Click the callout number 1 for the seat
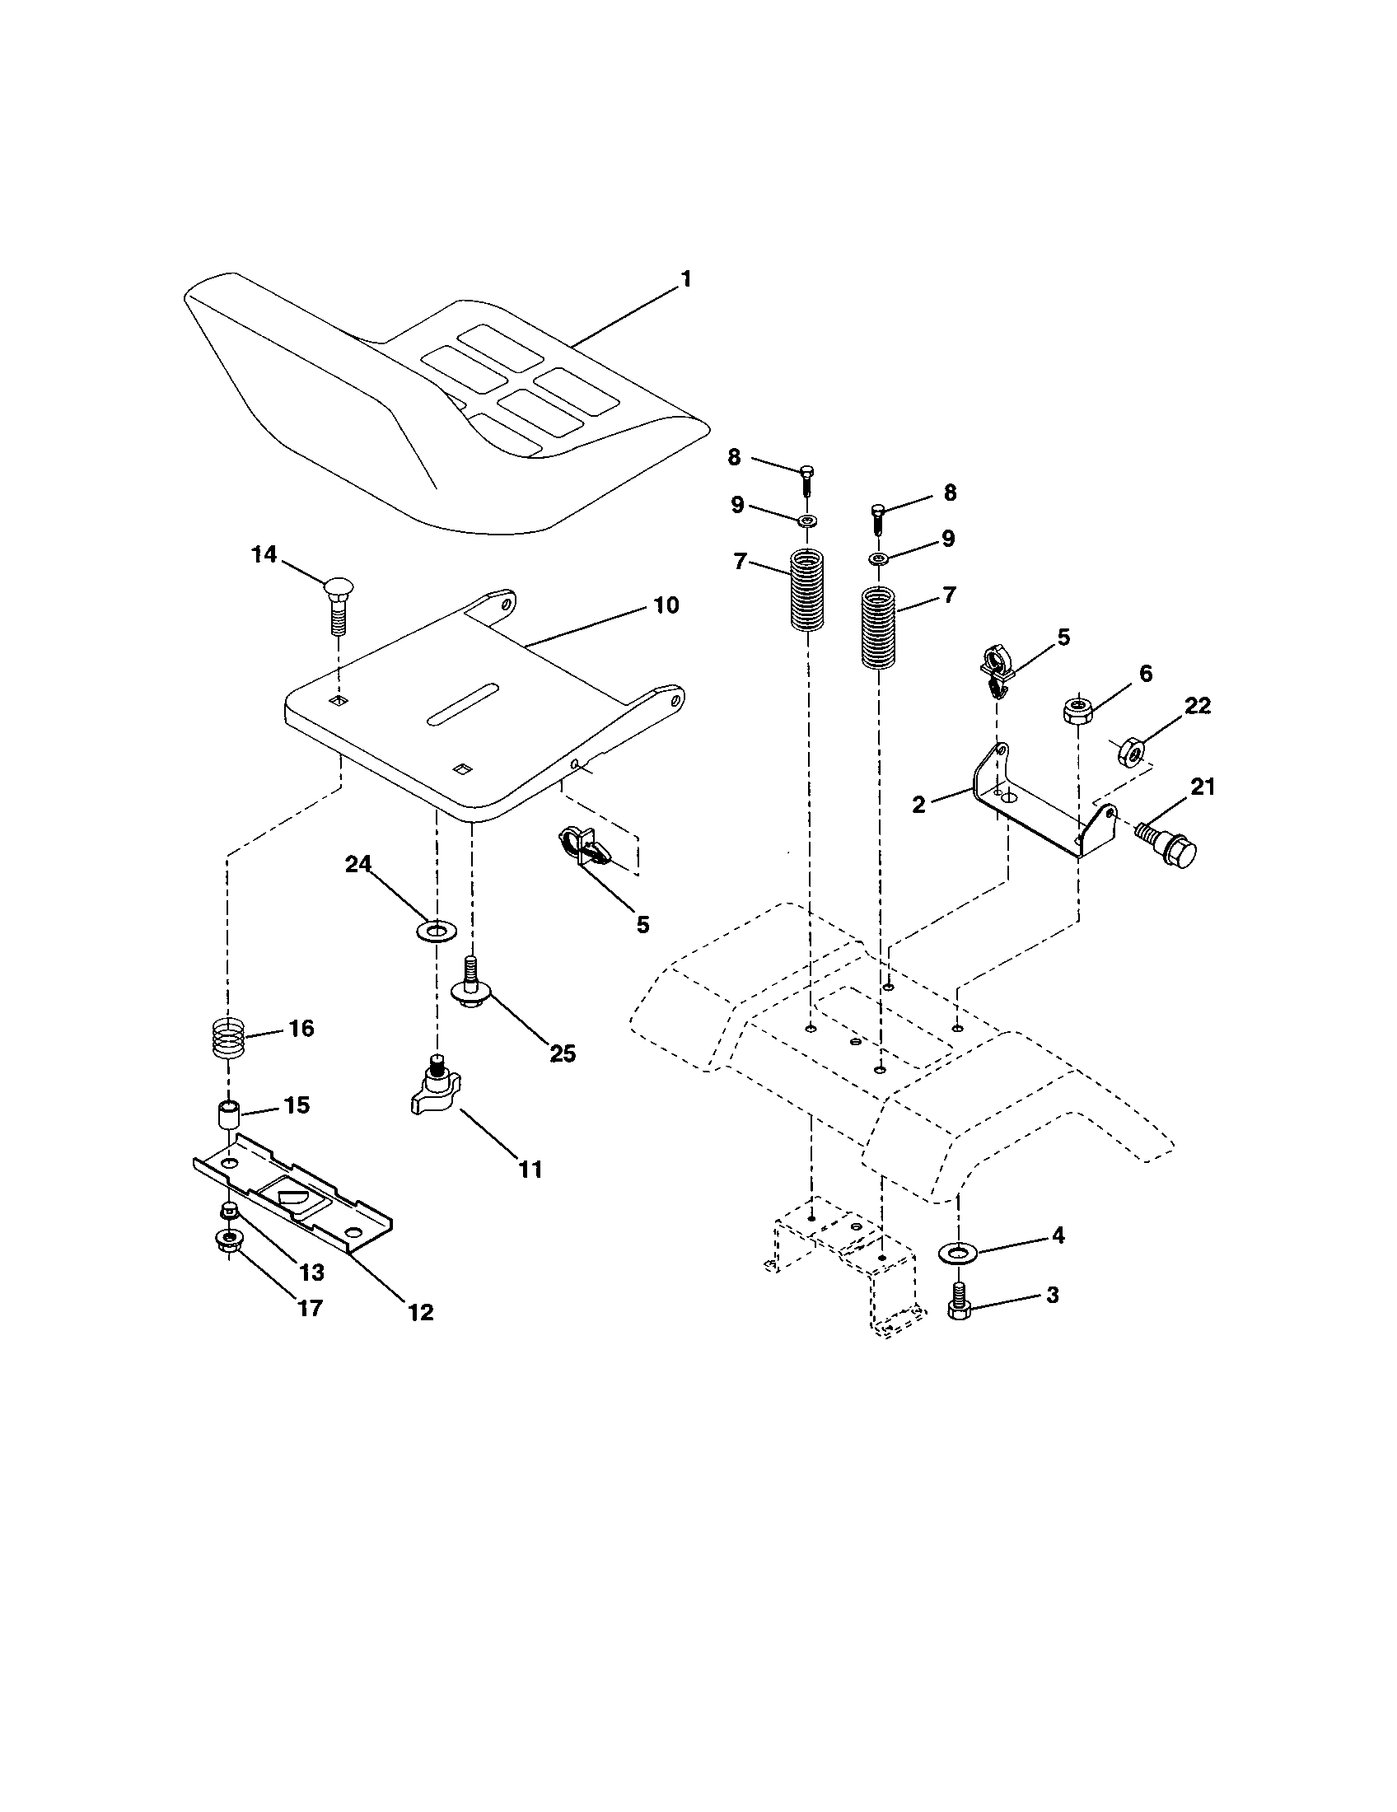685,278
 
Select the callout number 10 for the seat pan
666,605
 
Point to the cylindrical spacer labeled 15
228,1114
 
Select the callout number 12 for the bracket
421,1312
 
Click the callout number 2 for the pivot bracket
918,804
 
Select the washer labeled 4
958,1250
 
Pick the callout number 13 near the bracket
311,1272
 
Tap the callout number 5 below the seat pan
643,924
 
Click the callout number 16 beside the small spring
301,1029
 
